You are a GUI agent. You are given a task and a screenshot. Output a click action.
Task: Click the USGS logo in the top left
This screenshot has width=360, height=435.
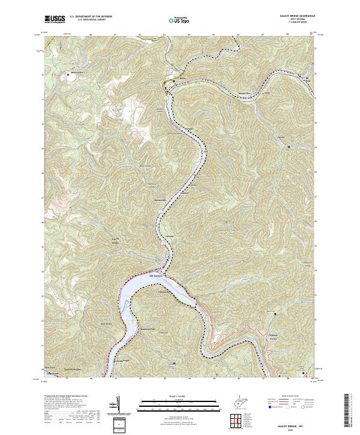(x=55, y=19)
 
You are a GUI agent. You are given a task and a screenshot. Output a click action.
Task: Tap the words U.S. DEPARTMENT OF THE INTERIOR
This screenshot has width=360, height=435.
(x=91, y=16)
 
